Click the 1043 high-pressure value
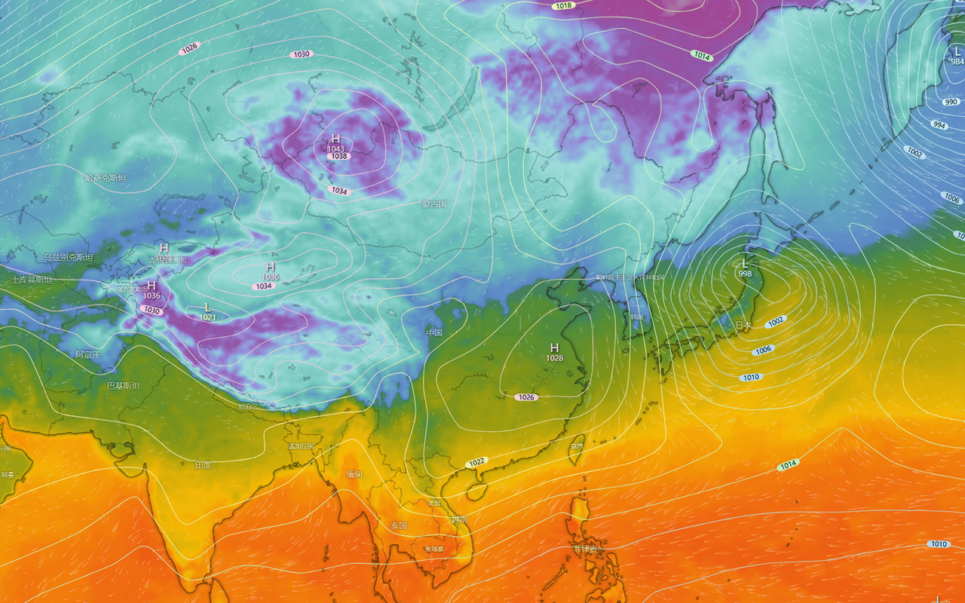336,148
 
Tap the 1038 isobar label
339,156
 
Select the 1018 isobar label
562,6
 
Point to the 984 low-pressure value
957,61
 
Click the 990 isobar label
951,102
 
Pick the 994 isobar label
939,125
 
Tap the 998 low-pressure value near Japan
745,273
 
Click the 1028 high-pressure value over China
554,357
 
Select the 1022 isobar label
476,461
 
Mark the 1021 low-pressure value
208,317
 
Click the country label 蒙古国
434,204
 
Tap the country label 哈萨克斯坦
106,178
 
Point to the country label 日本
743,325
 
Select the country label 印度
203,465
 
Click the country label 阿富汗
87,354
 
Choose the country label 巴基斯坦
123,385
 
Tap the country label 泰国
399,525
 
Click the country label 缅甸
354,475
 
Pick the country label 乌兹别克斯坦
68,258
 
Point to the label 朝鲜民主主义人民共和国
630,277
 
